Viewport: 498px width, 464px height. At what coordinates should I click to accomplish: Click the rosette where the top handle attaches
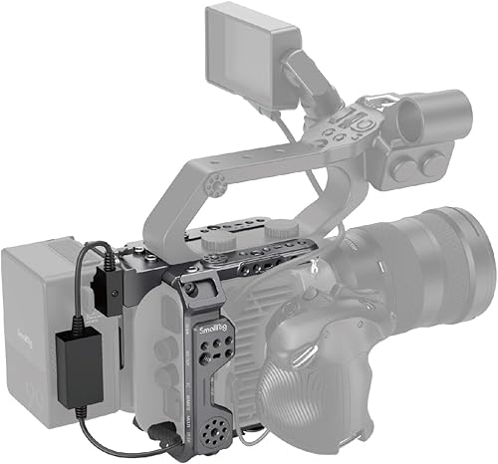216,185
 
